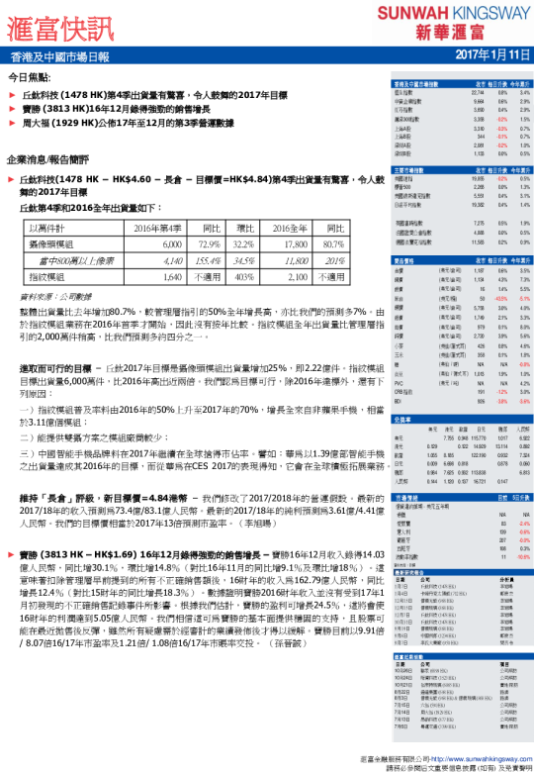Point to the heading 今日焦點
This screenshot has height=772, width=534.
pyautogui.click(x=31, y=76)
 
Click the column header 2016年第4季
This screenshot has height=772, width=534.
pyautogui.click(x=158, y=229)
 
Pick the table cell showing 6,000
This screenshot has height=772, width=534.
pyautogui.click(x=171, y=242)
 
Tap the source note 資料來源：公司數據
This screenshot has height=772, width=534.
pyautogui.click(x=53, y=294)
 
